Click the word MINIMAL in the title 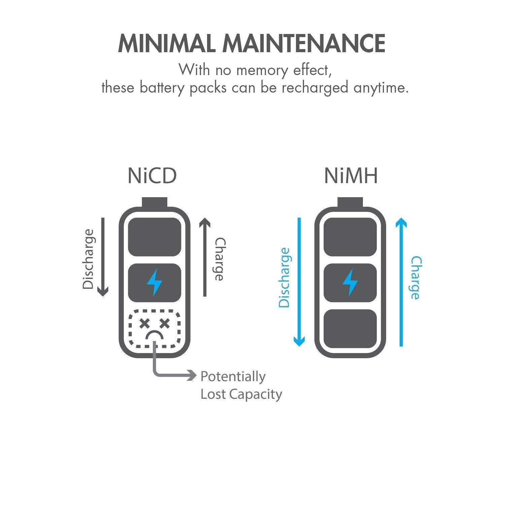166,43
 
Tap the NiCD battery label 152,176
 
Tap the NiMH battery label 351,176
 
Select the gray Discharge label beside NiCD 88,259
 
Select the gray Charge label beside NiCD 220,259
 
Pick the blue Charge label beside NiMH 416,277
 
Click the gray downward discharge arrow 103,257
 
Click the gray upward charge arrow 205,257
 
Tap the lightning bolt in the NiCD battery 155,282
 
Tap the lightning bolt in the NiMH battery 350,282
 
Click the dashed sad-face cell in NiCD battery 155,329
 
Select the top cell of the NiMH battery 350,237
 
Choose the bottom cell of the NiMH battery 350,329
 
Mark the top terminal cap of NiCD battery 155,202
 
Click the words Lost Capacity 241,394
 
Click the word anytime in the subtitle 381,88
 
